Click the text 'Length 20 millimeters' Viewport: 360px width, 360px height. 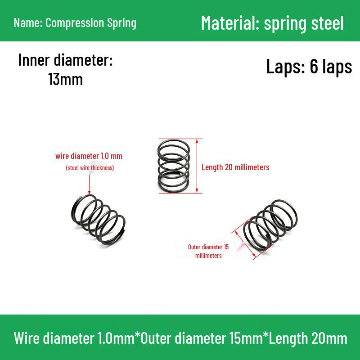pos(235,167)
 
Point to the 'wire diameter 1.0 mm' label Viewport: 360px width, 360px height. pos(89,156)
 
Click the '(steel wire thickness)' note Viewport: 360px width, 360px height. pos(90,168)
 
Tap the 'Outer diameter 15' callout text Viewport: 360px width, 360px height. pos(208,247)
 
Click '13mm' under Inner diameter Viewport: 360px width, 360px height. pos(65,80)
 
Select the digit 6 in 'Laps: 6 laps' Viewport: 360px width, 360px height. pos(313,66)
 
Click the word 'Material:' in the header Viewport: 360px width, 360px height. pos(230,23)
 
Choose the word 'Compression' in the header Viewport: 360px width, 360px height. pos(75,23)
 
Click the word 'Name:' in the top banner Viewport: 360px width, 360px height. pos(28,23)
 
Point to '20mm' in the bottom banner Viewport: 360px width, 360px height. pos(329,338)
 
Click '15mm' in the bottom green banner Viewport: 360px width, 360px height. pos(246,338)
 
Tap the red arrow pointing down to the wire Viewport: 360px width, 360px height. pos(89,185)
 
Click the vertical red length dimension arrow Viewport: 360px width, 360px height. pos(197,166)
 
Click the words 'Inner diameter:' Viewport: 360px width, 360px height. pos(65,60)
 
